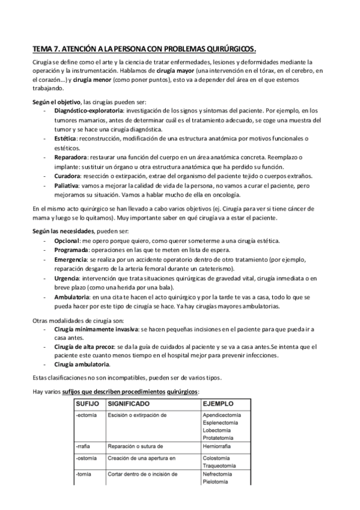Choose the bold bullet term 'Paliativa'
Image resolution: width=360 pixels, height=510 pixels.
point(69,186)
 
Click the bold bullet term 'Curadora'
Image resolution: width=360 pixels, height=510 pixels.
point(69,177)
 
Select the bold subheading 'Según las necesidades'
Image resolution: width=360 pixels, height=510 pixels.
point(62,232)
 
